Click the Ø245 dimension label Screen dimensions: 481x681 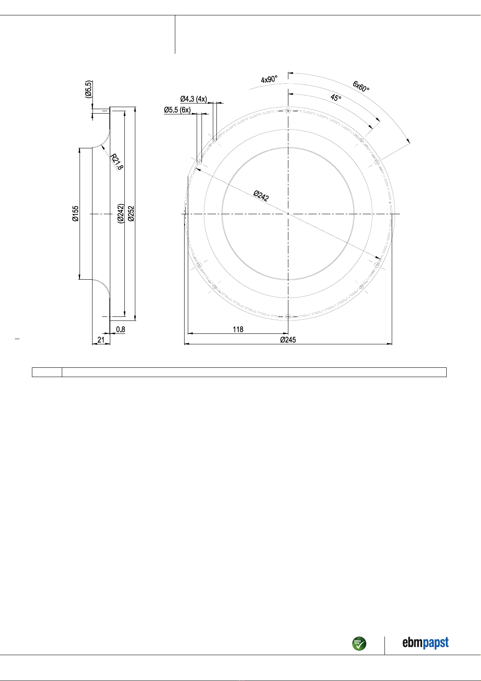(x=288, y=339)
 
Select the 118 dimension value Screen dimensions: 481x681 (x=238, y=329)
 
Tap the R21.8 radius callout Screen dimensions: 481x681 (x=116, y=162)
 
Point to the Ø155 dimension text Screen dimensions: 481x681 (x=76, y=213)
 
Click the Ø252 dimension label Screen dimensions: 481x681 (x=131, y=213)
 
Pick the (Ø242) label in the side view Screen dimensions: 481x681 (x=121, y=213)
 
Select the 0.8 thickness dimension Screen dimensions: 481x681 (x=121, y=329)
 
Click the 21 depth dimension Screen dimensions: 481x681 (x=101, y=339)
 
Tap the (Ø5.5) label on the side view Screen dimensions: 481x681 (x=88, y=89)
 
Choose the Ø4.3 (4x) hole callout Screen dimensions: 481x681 (x=193, y=99)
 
